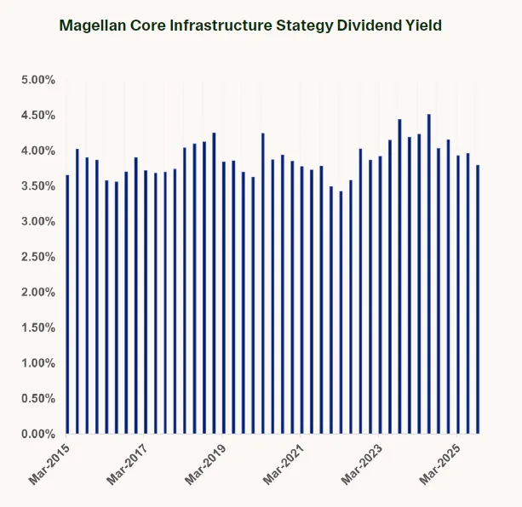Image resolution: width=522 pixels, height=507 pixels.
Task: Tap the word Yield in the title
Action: (422, 26)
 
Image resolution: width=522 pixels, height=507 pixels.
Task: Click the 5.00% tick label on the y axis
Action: (38, 80)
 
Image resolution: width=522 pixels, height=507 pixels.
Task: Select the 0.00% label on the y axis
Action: (38, 435)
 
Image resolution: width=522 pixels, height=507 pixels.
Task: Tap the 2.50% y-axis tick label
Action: (38, 257)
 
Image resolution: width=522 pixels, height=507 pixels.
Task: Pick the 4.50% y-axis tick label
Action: (38, 116)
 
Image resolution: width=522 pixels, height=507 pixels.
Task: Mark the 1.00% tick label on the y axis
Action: (38, 363)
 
